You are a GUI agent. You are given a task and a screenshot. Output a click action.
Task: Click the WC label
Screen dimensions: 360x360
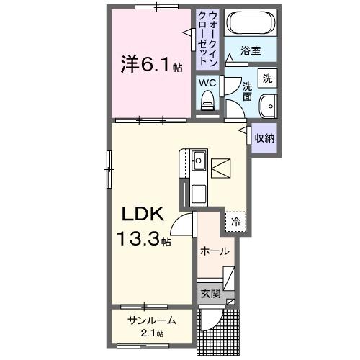tap(207, 83)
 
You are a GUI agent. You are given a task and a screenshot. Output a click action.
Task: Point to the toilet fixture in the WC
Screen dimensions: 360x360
tap(208, 104)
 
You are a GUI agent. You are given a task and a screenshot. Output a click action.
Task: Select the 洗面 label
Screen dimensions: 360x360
tap(246, 90)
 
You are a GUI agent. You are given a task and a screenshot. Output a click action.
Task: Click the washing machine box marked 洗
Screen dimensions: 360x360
tap(266, 78)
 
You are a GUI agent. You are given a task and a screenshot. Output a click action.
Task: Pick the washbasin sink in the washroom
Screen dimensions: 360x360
tap(268, 104)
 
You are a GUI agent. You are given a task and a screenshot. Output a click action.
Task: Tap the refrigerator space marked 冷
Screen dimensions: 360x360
tap(235, 222)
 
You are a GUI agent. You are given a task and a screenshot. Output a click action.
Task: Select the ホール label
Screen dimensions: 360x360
tap(214, 252)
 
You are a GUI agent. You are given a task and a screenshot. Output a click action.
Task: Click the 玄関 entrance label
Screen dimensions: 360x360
tap(209, 294)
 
